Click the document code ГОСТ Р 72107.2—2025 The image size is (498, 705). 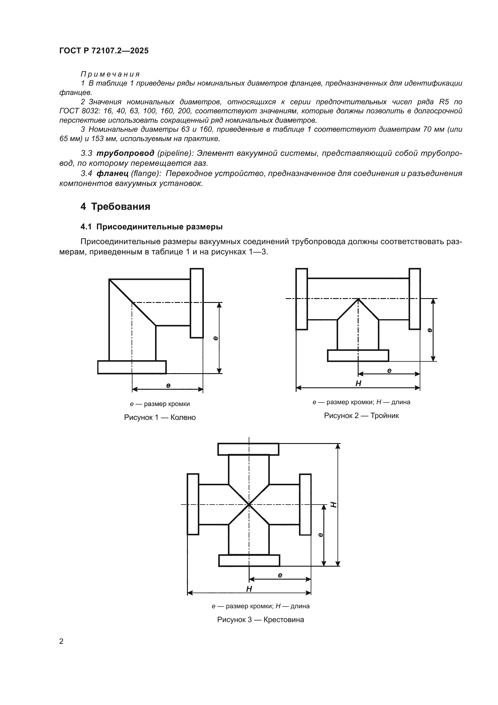pyautogui.click(x=104, y=51)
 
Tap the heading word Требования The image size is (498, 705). pyautogui.click(x=120, y=207)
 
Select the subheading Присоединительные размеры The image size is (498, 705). pyautogui.click(x=159, y=227)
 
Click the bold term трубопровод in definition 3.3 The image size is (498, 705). pyautogui.click(x=125, y=153)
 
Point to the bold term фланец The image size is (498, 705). pyautogui.click(x=112, y=174)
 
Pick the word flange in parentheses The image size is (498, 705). pyautogui.click(x=146, y=174)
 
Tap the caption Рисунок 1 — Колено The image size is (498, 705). pyautogui.click(x=160, y=417)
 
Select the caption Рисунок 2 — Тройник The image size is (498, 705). pyautogui.click(x=361, y=416)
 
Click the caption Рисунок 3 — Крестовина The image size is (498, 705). pyautogui.click(x=260, y=620)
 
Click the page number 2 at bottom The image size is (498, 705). pyautogui.click(x=61, y=641)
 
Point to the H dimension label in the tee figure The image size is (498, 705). pyautogui.click(x=358, y=383)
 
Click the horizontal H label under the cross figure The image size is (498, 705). pyautogui.click(x=249, y=589)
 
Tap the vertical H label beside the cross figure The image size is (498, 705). pyautogui.click(x=334, y=505)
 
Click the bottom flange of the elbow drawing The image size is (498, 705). pyautogui.click(x=132, y=367)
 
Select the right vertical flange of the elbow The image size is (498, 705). pyautogui.click(x=197, y=303)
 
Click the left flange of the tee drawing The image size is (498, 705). pyautogui.click(x=301, y=299)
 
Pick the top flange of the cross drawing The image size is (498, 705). pyautogui.click(x=248, y=449)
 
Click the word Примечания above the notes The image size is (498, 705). pyautogui.click(x=110, y=74)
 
